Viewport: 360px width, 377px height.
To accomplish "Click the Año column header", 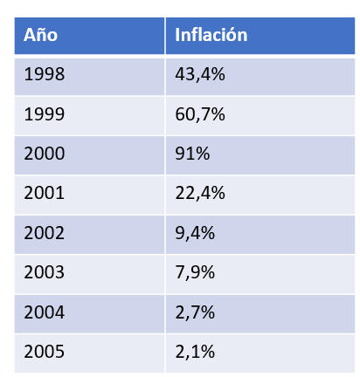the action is [x=40, y=35].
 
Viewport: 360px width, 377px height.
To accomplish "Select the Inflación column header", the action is [x=211, y=35].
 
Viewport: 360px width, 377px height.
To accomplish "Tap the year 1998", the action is [x=45, y=74].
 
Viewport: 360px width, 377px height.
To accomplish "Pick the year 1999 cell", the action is [x=45, y=113].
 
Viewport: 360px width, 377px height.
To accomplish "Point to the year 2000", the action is [x=45, y=154].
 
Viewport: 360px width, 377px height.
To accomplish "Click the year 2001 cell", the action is [x=45, y=193].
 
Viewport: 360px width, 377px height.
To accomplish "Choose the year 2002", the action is [x=45, y=233].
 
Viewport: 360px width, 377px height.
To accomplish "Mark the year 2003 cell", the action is [x=45, y=272].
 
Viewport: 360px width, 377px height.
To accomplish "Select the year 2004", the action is [x=45, y=312].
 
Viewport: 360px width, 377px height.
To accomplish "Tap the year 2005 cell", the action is [x=45, y=352].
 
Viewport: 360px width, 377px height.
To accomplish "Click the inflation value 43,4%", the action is [x=200, y=74].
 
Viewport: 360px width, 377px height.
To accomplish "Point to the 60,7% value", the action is [x=200, y=114].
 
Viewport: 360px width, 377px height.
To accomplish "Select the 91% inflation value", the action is [x=192, y=154].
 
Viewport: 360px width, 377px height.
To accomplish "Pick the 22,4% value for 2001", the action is [x=200, y=194].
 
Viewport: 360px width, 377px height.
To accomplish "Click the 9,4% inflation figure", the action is [x=195, y=233].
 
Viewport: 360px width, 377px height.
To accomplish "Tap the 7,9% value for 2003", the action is [x=195, y=273].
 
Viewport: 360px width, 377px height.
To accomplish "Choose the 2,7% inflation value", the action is [x=195, y=312].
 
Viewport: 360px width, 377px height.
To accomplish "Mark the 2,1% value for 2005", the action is [x=195, y=352].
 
